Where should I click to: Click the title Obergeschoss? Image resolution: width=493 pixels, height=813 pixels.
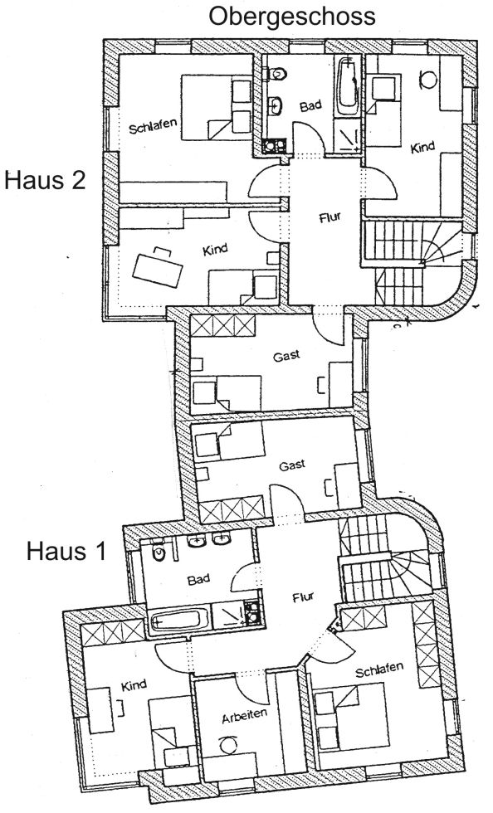291,17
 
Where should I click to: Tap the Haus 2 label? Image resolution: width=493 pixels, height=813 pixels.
45,182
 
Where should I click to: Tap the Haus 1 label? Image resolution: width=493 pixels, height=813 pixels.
66,551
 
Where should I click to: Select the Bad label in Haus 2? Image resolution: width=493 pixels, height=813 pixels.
310,106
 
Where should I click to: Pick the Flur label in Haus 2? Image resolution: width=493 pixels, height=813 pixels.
330,217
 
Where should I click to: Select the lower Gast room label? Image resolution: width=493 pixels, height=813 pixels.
292,465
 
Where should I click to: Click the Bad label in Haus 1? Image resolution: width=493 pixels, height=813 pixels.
198,579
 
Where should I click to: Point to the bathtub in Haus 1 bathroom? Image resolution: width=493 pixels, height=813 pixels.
179,620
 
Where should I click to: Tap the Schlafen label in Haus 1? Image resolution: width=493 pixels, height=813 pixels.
379,670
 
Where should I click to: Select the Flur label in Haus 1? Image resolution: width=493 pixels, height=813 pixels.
303,598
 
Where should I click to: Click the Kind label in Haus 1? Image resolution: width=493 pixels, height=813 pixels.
134,685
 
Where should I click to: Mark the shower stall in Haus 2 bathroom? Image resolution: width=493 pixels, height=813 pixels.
347,134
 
